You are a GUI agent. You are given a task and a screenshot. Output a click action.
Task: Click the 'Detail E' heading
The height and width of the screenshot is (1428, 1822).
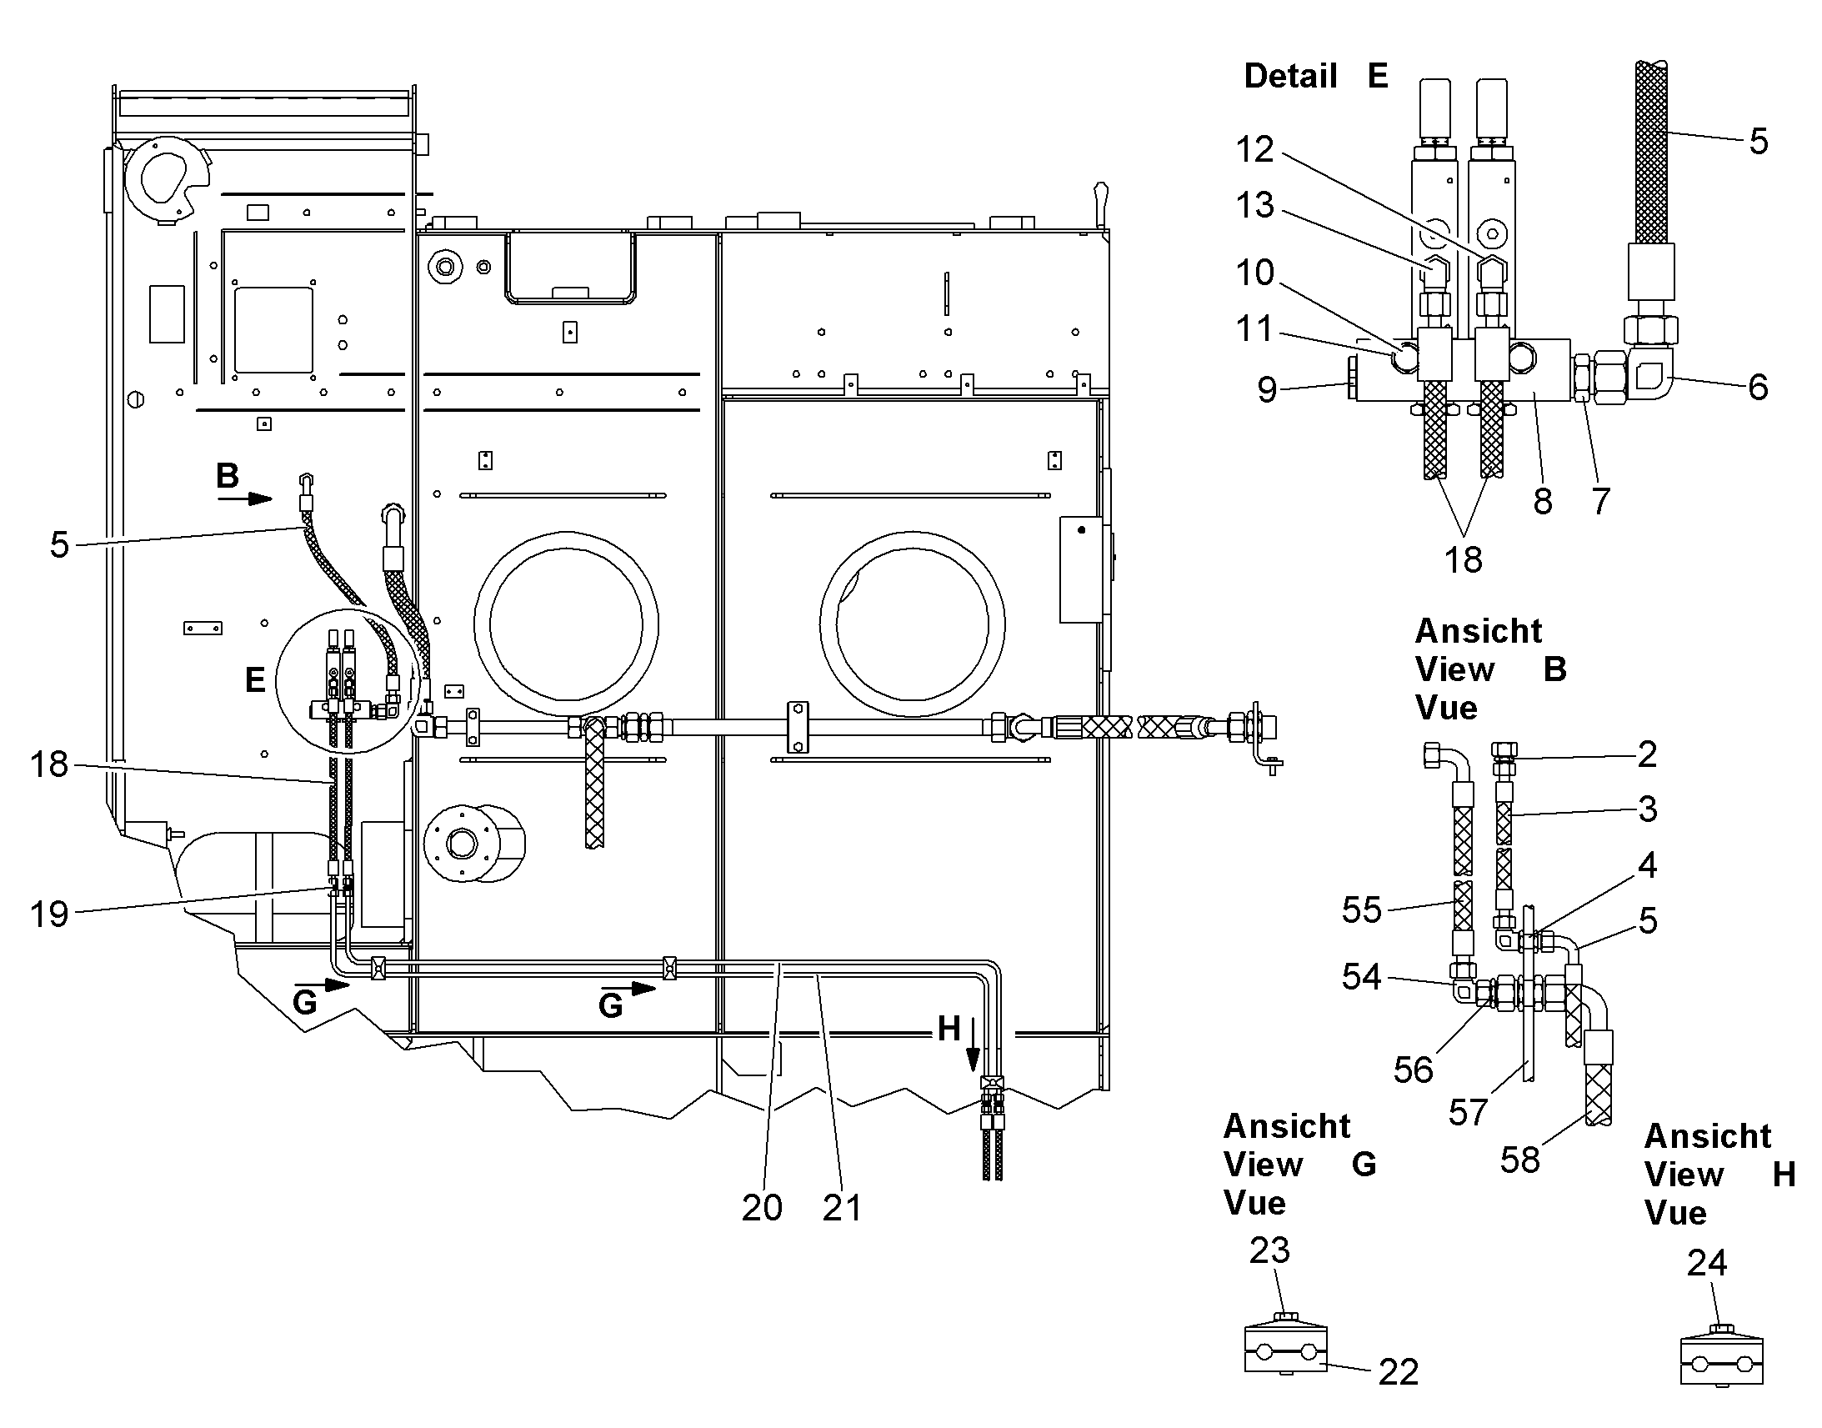(x=1316, y=76)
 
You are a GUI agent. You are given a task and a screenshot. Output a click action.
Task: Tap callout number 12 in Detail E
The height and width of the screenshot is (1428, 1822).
(x=1255, y=150)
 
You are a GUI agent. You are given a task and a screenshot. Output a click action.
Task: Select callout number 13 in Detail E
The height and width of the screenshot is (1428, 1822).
(x=1255, y=205)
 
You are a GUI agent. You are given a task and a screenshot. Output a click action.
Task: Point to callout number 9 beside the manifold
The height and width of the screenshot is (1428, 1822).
(x=1268, y=389)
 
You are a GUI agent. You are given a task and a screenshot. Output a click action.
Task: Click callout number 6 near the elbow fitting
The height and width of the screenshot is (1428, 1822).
(x=1758, y=387)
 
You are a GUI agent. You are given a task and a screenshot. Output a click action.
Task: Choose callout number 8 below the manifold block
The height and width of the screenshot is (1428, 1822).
(x=1543, y=502)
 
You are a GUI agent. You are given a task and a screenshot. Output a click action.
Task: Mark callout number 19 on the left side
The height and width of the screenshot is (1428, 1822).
(x=49, y=914)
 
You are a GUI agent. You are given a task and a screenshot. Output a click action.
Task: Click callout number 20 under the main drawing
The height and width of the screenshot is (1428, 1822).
(x=763, y=1207)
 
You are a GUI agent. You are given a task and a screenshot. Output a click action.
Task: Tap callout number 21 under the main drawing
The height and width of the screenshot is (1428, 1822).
(x=842, y=1207)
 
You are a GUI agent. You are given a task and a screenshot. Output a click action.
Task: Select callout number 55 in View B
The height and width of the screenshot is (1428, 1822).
(x=1362, y=910)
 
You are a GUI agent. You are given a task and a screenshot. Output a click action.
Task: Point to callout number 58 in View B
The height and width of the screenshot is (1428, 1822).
(x=1520, y=1160)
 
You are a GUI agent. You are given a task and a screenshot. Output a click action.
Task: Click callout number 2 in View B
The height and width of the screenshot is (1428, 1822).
(x=1647, y=754)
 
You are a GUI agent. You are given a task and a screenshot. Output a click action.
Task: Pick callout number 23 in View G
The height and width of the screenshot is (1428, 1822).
(x=1270, y=1250)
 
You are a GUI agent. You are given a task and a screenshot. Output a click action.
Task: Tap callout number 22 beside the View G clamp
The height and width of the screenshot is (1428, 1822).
(x=1399, y=1372)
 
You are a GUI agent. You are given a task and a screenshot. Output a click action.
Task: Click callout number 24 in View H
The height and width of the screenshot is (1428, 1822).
(x=1707, y=1262)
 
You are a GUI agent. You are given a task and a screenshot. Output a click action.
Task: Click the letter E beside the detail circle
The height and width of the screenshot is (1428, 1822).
(x=255, y=679)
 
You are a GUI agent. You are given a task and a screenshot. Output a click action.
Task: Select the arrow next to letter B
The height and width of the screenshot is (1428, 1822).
(x=246, y=499)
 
